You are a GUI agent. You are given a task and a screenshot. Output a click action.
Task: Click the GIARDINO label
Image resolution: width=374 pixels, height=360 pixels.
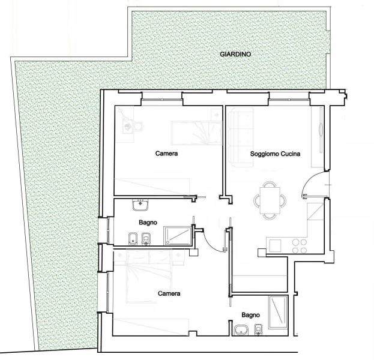click(235, 55)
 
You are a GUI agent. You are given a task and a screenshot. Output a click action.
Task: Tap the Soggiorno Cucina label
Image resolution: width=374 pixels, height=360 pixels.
click(275, 154)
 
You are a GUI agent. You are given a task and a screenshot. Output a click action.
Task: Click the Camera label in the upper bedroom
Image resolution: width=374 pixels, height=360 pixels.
click(166, 153)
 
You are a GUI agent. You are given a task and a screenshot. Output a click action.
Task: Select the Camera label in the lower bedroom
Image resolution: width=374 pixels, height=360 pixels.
click(169, 293)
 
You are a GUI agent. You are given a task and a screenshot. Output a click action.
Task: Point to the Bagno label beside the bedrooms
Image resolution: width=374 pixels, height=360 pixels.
click(148, 223)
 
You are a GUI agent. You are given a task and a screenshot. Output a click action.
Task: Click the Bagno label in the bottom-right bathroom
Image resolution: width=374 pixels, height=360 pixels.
click(250, 315)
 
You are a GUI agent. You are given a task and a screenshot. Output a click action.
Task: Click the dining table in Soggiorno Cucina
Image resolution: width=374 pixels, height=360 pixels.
click(270, 200)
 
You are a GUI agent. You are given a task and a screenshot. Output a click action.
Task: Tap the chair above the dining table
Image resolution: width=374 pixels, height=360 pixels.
click(270, 184)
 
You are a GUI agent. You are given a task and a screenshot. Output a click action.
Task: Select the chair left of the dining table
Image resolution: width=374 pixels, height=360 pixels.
click(257, 200)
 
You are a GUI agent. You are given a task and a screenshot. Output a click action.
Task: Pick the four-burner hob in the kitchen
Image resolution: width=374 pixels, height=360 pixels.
click(300, 246)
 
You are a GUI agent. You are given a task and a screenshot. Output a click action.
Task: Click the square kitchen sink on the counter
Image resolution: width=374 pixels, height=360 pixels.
click(276, 246)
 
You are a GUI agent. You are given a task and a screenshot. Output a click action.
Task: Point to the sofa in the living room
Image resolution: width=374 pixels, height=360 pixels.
click(241, 137)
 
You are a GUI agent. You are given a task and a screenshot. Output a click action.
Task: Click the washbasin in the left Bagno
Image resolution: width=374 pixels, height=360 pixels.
click(140, 205)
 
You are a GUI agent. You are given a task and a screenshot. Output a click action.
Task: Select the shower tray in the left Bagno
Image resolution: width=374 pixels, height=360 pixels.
click(178, 236)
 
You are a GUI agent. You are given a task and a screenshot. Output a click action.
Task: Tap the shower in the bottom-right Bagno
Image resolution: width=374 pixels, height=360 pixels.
click(278, 313)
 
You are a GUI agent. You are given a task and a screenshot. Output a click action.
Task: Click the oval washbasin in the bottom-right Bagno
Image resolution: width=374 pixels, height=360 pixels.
click(241, 331)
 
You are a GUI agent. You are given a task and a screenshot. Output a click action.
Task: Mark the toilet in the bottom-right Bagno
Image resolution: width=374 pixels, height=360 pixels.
click(258, 330)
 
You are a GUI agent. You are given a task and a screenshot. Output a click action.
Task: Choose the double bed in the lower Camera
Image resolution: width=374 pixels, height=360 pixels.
click(149, 277)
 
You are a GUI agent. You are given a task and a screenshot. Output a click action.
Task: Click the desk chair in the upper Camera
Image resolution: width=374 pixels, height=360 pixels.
click(138, 127)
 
